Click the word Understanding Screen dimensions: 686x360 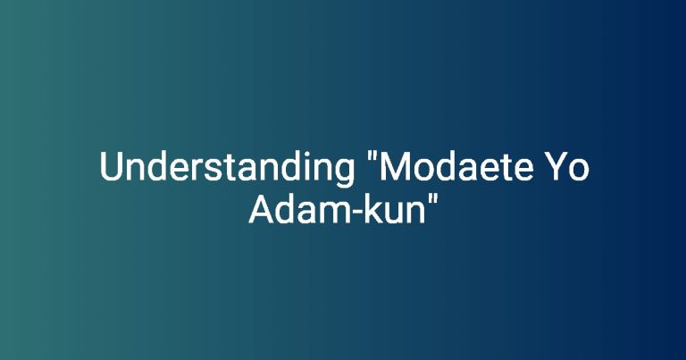227,169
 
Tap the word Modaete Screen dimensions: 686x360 456,166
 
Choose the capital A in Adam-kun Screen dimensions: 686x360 262,209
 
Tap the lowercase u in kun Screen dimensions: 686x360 393,213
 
